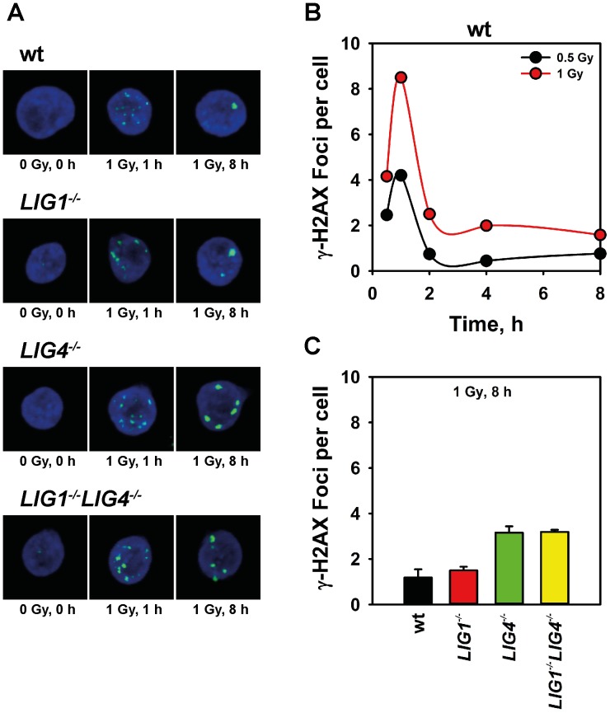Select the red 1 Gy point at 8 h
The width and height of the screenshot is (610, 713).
[600, 235]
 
